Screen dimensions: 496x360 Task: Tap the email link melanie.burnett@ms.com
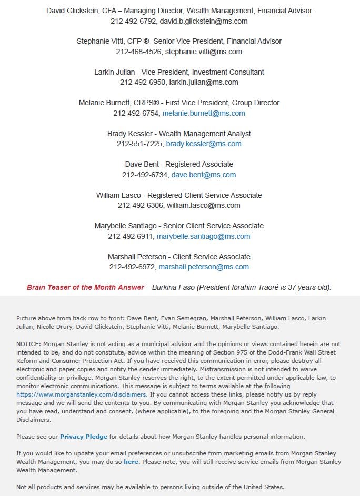[204, 113]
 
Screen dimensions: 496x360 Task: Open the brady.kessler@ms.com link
[204, 144]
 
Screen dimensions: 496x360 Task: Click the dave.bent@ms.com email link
[204, 175]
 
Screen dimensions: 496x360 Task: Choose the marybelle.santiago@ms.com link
[203, 236]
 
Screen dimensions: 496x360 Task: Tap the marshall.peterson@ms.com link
[204, 267]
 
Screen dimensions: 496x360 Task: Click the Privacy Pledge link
[84, 437]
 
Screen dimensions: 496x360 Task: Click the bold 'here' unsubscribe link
[131, 462]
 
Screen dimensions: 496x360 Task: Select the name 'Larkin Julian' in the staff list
[115, 72]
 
